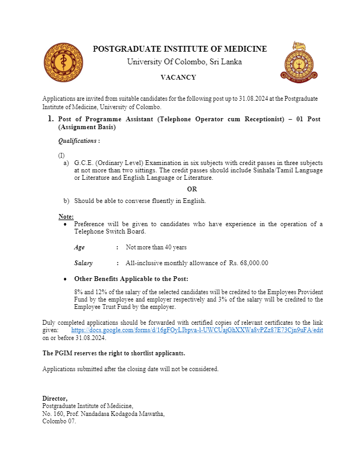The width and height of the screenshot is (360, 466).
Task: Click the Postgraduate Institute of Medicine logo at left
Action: coord(63,63)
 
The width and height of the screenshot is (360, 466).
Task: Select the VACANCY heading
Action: coord(178,77)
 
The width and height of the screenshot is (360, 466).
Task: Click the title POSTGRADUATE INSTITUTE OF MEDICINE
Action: coord(180,49)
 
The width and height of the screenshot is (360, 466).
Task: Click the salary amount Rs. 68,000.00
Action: coord(249,263)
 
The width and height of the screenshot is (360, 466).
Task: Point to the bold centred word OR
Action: coord(192,189)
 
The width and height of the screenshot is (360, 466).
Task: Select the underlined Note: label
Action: coord(66,217)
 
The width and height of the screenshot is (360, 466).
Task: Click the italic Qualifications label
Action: coord(79,141)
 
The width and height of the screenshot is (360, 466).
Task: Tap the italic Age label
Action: coord(79,247)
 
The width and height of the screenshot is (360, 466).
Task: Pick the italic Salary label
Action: coord(83,263)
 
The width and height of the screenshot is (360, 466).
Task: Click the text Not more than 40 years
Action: coord(156,247)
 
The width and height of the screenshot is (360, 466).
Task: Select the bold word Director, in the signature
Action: coord(55,399)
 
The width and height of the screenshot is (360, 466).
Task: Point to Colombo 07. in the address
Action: coord(59,421)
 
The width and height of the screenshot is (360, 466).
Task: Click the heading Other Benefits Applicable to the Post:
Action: coord(131,279)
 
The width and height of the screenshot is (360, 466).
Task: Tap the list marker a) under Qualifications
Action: coord(66,163)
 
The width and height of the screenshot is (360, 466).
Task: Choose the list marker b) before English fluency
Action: coord(66,201)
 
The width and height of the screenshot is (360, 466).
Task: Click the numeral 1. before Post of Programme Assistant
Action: coord(51,119)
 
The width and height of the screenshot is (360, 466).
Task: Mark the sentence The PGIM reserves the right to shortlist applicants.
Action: coord(114,353)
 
